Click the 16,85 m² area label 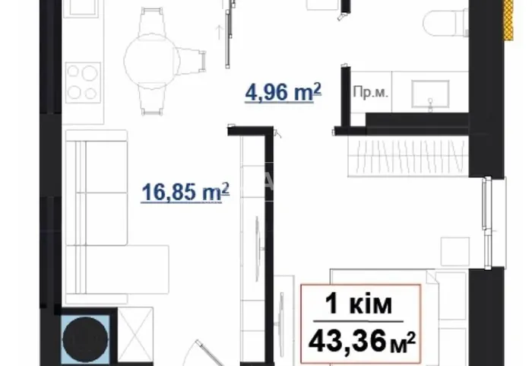(185, 193)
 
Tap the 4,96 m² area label (283, 92)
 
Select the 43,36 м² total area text (362, 341)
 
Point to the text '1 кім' (359, 304)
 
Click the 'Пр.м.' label (370, 92)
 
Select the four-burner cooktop (83, 83)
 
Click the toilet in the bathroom (445, 23)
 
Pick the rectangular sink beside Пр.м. (430, 94)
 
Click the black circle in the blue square (85, 339)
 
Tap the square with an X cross (135, 335)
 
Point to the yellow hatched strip (508, 20)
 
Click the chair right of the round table (191, 60)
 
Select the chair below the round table (152, 100)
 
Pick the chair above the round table (152, 21)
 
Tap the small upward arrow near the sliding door (219, 33)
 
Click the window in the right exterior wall (489, 223)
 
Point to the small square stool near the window (455, 251)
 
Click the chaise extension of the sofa (127, 269)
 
